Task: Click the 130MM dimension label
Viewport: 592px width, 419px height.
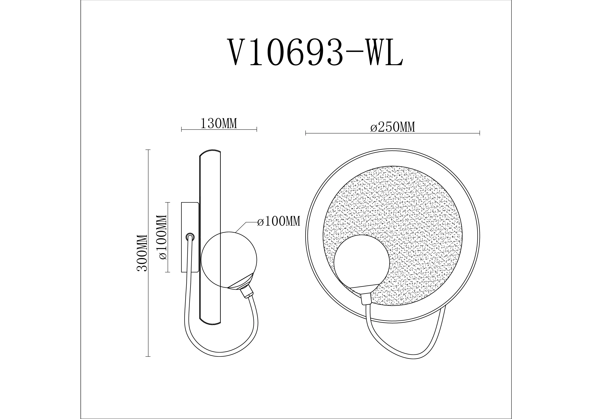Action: pyautogui.click(x=219, y=124)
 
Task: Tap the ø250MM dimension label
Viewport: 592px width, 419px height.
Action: pyautogui.click(x=393, y=128)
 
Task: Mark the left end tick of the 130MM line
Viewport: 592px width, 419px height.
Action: pyautogui.click(x=182, y=129)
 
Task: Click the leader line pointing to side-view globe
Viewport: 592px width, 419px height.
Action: pyautogui.click(x=241, y=227)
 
